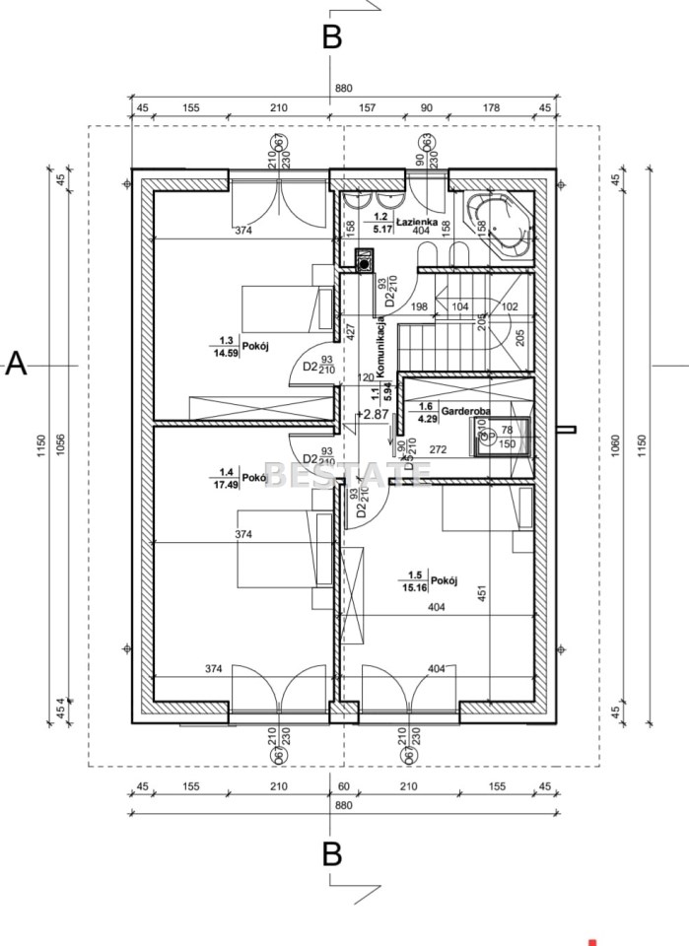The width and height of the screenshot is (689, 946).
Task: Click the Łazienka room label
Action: (x=417, y=223)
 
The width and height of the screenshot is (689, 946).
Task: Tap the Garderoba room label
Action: (x=459, y=409)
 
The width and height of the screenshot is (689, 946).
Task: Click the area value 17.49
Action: (x=227, y=484)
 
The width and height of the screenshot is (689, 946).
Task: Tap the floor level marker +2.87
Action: (x=374, y=414)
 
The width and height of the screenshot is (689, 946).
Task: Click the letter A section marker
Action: (x=16, y=365)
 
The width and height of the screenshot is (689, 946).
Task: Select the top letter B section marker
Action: (x=332, y=37)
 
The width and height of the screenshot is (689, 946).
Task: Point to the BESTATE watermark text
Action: (x=348, y=475)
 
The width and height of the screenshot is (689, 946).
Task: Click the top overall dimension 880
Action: (x=343, y=89)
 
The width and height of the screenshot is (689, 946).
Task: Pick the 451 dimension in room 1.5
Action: (x=482, y=593)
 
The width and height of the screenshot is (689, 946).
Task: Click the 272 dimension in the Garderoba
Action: (x=439, y=449)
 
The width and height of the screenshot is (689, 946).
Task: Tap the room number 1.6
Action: (x=426, y=406)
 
